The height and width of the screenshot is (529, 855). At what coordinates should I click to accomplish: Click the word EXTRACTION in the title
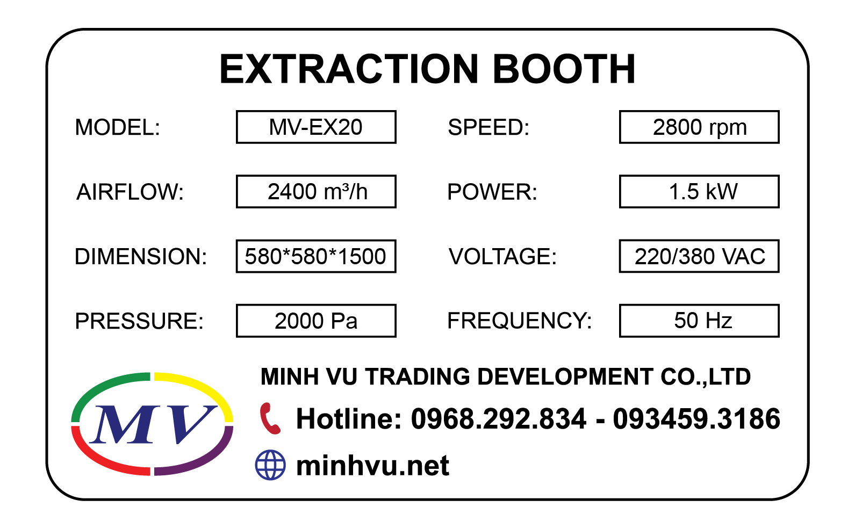(348, 69)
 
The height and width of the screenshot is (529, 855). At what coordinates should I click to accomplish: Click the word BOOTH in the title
(564, 69)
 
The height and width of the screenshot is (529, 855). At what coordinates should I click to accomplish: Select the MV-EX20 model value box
(316, 127)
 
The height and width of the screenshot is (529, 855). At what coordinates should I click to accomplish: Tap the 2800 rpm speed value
(699, 127)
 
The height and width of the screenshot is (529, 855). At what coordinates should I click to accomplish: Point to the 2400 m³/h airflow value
(316, 192)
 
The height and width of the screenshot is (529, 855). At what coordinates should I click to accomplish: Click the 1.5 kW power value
(699, 192)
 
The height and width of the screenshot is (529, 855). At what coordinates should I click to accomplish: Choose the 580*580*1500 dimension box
(316, 256)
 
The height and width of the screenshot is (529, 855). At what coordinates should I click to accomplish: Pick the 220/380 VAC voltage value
(699, 256)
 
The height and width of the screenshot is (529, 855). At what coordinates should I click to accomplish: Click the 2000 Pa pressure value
(316, 321)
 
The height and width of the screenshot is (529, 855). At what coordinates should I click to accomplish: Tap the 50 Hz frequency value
(699, 321)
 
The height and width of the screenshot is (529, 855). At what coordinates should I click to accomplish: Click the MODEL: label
(118, 128)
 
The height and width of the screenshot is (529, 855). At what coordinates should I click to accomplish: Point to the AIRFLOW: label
(130, 192)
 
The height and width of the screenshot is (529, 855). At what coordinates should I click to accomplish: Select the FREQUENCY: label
(519, 321)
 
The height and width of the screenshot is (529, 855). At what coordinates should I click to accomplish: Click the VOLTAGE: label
(502, 257)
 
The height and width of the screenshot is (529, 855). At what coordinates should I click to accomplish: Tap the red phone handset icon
(270, 418)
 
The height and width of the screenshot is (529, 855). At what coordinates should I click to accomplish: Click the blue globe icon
(270, 465)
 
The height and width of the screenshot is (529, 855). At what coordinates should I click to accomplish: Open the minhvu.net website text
(372, 466)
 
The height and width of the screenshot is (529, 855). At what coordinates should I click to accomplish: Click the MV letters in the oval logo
(153, 424)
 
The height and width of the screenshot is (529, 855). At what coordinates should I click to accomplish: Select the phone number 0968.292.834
(498, 419)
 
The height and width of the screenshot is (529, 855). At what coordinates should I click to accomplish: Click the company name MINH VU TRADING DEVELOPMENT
(457, 377)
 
